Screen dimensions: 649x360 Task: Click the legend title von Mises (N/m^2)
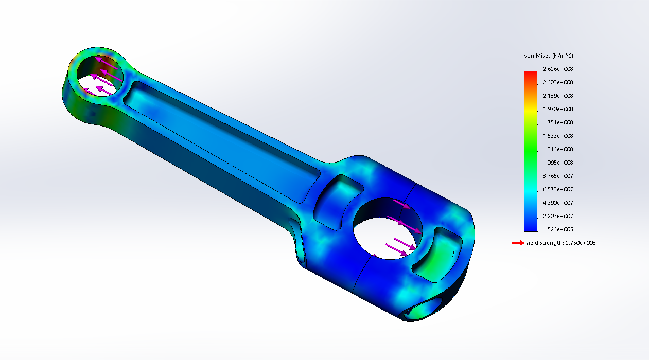(x=549, y=56)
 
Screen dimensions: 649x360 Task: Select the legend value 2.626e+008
(x=558, y=69)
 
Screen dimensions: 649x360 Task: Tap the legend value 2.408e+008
(x=558, y=82)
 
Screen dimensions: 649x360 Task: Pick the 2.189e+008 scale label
(x=558, y=96)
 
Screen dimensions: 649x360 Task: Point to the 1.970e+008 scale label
(x=558, y=109)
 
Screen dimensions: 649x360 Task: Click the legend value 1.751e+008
(x=558, y=122)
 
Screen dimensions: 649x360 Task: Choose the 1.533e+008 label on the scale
(x=558, y=136)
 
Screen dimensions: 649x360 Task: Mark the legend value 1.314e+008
(x=558, y=149)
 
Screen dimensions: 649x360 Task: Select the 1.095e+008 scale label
(x=558, y=163)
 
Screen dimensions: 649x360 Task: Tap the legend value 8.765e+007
(x=558, y=176)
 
